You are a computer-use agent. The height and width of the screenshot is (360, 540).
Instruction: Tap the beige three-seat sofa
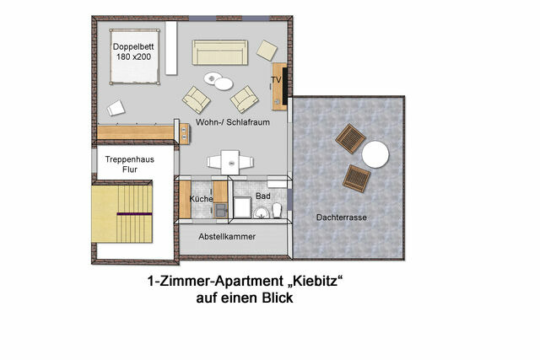[219, 52]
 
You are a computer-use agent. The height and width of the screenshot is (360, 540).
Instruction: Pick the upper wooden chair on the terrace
[349, 137]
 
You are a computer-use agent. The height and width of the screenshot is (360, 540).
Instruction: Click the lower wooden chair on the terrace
[356, 178]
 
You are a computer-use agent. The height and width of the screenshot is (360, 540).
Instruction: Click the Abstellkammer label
[227, 237]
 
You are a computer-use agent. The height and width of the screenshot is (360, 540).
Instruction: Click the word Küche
[202, 199]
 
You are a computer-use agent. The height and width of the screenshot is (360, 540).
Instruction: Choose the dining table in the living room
[229, 160]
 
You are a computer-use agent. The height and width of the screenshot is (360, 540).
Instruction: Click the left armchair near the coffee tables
[197, 100]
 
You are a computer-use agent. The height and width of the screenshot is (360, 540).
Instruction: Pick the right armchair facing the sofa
[244, 100]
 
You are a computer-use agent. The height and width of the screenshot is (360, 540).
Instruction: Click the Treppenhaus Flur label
[121, 164]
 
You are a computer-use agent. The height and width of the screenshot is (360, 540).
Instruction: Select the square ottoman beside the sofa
[267, 49]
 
